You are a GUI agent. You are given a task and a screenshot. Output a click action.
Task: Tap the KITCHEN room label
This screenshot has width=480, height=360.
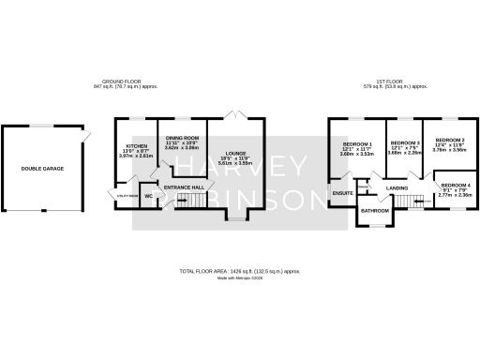point(137,146)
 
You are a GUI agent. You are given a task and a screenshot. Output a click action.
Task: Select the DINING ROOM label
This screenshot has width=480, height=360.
point(183,139)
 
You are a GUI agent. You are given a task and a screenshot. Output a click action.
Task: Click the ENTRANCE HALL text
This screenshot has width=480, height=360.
point(183,187)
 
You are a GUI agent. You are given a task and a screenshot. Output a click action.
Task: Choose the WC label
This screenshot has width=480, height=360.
point(148,195)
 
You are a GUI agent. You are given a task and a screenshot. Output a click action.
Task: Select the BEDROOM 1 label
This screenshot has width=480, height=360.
point(356,144)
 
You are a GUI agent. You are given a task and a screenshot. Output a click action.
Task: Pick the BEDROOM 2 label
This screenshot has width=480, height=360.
point(450,139)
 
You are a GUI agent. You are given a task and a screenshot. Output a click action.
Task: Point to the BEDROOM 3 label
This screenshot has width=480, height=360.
point(404,144)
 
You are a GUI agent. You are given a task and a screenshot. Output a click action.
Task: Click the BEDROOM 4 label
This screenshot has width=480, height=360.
point(456,185)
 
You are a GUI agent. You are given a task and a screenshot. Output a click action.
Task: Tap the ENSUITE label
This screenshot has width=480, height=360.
point(342,193)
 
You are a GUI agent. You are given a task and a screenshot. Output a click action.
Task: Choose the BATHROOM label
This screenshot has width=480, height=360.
point(376,211)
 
